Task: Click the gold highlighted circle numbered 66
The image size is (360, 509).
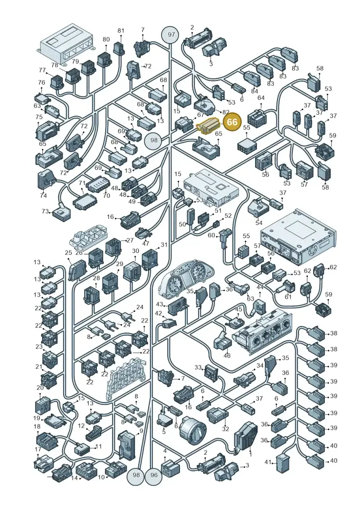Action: coord(232,122)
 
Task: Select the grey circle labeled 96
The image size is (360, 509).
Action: coord(154,475)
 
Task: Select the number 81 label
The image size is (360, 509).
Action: coord(121,31)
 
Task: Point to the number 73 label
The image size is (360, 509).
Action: coord(45,212)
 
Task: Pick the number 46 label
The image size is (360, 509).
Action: coord(227,356)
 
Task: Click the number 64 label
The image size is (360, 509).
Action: coord(261,98)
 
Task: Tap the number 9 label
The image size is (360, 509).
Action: coord(141,431)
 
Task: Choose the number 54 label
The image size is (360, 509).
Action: coord(259,223)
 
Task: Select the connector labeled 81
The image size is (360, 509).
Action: coord(119,48)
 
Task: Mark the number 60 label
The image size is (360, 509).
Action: coord(211,235)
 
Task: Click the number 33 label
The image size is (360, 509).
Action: coord(198,367)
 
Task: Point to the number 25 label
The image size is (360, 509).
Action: coord(68,252)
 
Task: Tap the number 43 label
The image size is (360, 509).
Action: coord(159,304)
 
